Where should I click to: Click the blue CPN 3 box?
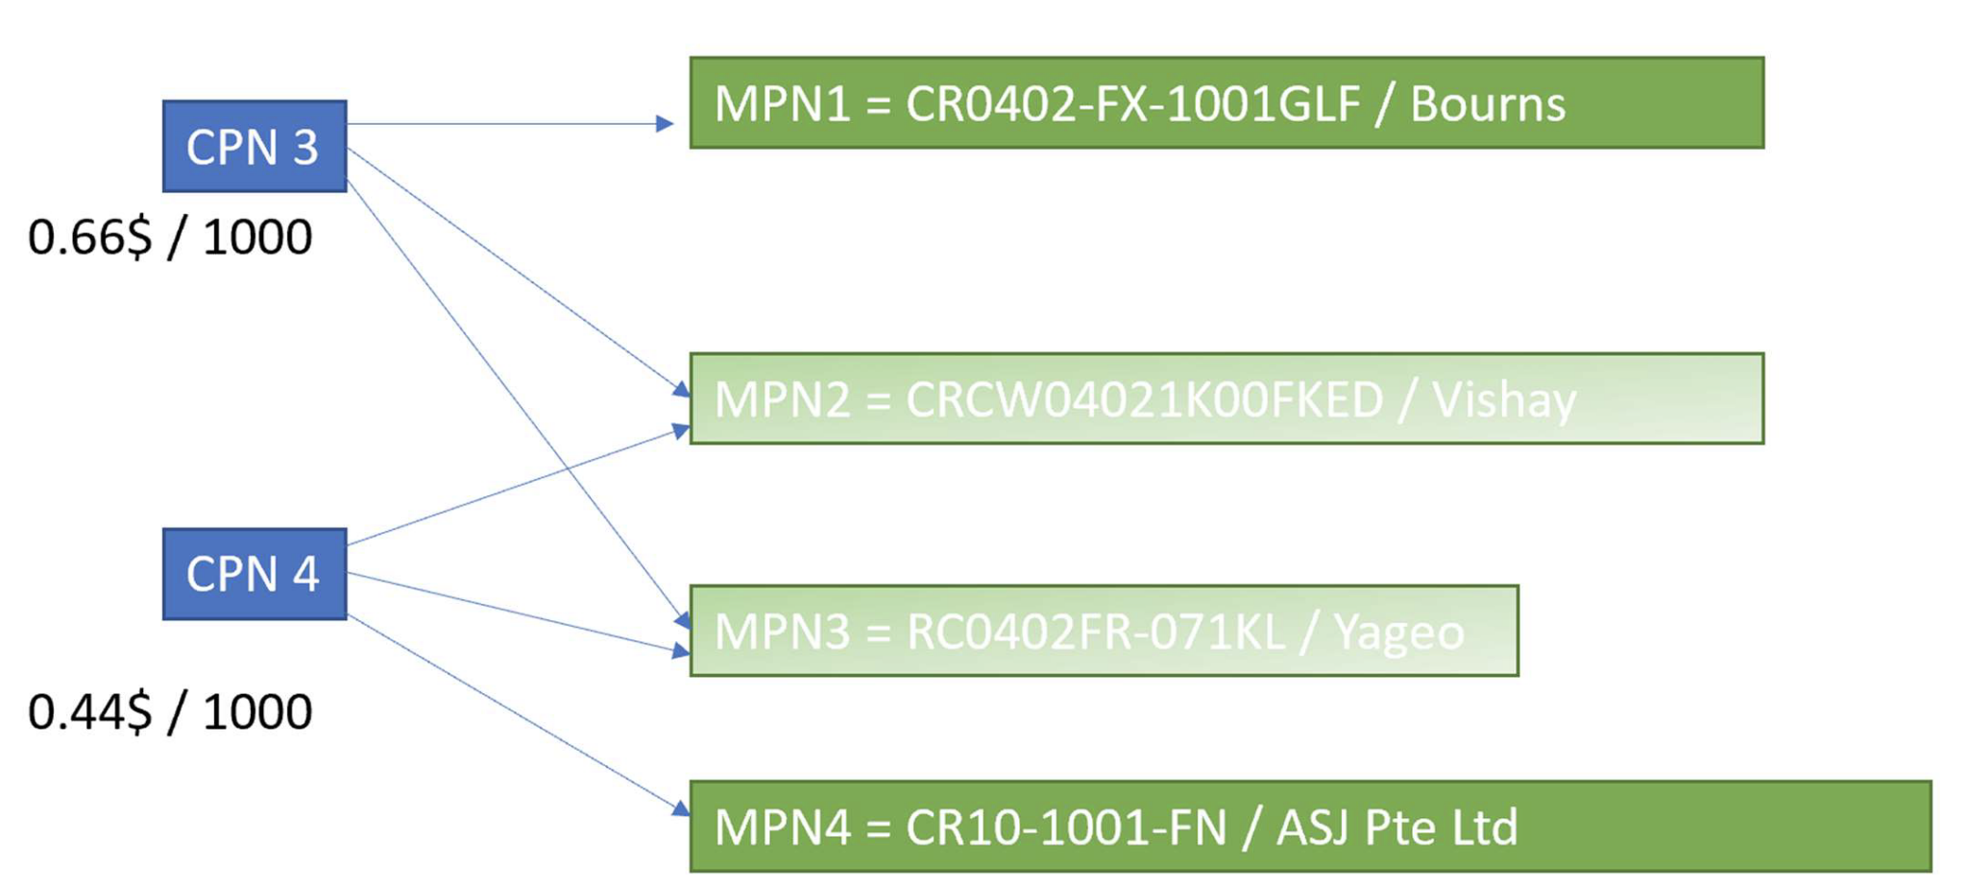[254, 146]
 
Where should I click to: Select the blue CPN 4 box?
[254, 573]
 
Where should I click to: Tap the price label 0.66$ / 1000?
[170, 237]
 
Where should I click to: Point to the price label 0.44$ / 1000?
[170, 711]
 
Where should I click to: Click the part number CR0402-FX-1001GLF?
[1132, 104]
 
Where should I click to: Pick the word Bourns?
[1487, 104]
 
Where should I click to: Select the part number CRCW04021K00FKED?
[1144, 399]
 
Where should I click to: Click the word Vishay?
[1503, 399]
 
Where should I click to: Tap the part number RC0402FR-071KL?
[1095, 632]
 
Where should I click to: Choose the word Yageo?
[1398, 632]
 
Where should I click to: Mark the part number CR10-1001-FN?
[1066, 827]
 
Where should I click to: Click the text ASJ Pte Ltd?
[1396, 827]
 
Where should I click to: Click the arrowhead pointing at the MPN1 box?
[665, 123]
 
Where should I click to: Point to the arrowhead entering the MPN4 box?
[681, 809]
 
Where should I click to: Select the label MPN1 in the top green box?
[782, 104]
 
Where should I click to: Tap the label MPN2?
[782, 399]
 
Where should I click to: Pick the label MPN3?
[782, 632]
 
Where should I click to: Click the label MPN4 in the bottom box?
[782, 827]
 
